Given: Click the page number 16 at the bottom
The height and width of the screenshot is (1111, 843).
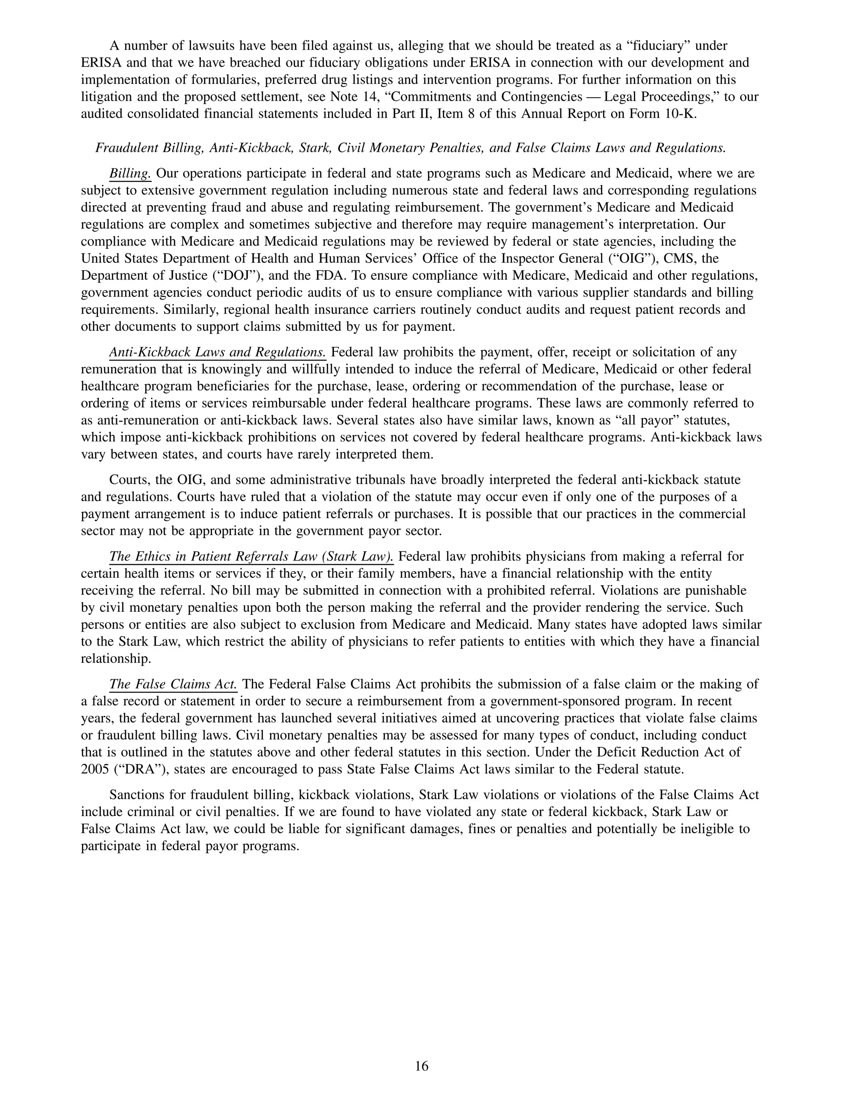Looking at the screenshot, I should point(421,1066).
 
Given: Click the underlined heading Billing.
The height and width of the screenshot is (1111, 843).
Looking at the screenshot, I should point(130,174).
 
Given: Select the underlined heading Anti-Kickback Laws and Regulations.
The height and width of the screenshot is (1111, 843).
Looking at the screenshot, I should point(217,352).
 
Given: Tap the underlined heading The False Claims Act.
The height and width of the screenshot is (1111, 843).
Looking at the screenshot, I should point(173,684).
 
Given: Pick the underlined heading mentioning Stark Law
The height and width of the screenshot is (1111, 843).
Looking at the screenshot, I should point(251,556).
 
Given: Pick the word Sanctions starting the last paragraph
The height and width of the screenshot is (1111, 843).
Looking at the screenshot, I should point(136,795).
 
